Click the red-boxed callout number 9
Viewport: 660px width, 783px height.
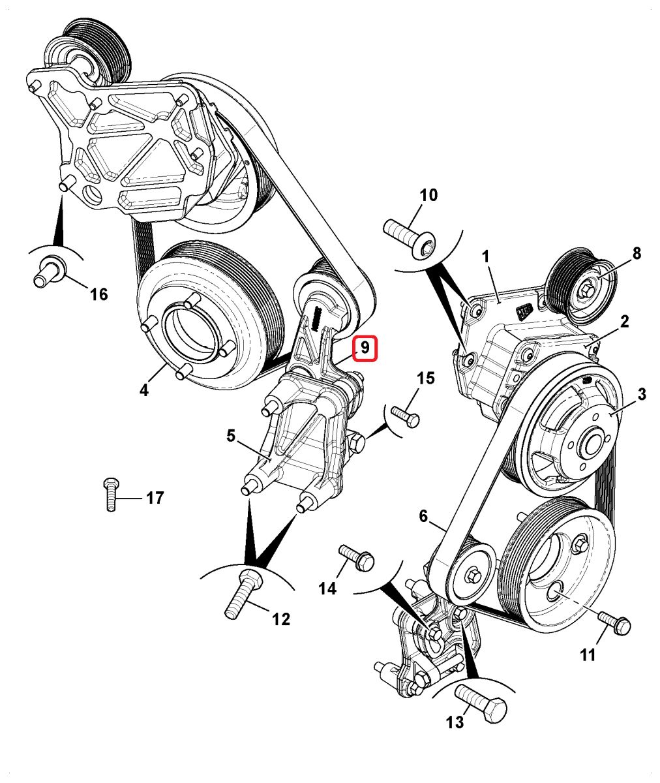[x=365, y=348]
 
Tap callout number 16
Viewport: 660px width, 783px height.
[x=98, y=294]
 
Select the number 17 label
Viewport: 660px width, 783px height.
[x=155, y=499]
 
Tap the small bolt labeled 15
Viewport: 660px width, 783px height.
[x=405, y=415]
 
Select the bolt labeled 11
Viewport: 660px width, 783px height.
[x=614, y=622]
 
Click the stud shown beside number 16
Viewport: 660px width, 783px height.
[x=49, y=270]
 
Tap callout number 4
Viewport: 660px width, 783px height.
[x=144, y=390]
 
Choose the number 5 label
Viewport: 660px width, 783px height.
[x=232, y=435]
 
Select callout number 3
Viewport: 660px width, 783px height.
[x=642, y=394]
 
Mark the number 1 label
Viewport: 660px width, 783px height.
[x=486, y=257]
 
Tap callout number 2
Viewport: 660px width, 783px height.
[x=624, y=321]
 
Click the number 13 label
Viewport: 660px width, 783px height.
[x=455, y=722]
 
